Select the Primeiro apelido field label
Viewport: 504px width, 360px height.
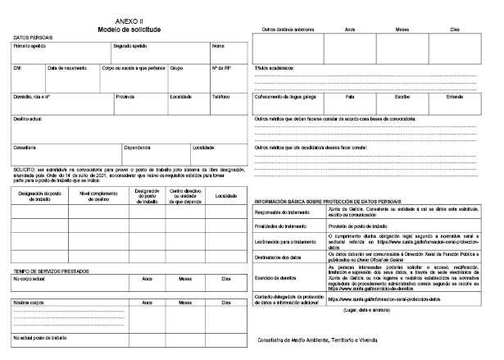click(x=30, y=46)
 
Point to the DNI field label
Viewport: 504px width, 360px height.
click(x=17, y=68)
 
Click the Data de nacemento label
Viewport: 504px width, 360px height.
click(x=66, y=68)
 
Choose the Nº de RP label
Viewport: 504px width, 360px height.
click(x=221, y=68)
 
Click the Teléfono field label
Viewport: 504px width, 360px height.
click(x=220, y=96)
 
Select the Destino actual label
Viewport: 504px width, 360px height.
click(x=29, y=119)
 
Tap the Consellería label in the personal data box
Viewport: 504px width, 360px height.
click(x=25, y=148)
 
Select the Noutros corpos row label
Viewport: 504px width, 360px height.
click(x=28, y=303)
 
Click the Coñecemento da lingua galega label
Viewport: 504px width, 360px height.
click(x=288, y=96)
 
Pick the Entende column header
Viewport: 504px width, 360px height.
click(x=454, y=96)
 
